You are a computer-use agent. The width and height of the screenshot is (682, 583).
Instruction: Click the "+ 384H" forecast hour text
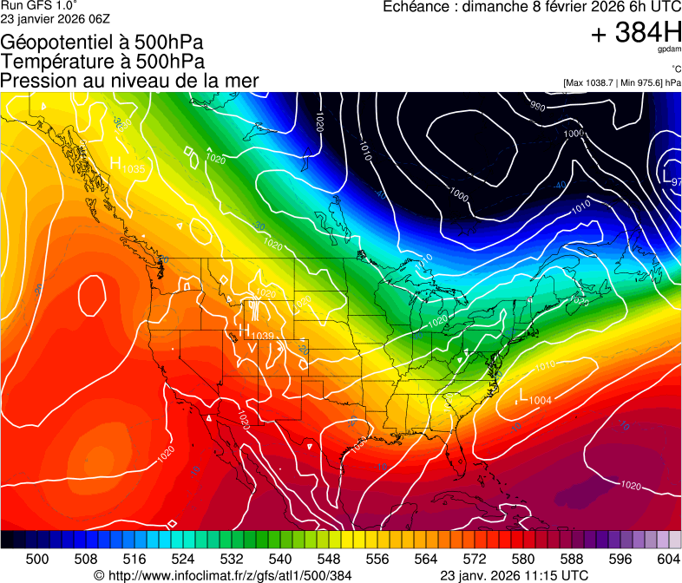[635, 34]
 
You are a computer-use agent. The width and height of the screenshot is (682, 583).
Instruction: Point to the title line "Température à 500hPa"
[102, 61]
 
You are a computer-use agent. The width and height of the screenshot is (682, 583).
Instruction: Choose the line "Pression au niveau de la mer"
[129, 81]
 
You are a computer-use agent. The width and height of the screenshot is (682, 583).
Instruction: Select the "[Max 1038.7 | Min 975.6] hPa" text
[621, 82]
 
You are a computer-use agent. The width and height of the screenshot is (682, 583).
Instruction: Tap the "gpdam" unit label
[670, 50]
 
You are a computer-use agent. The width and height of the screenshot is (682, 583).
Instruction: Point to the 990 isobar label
[538, 107]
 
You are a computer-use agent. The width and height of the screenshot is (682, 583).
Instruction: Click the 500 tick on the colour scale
[37, 559]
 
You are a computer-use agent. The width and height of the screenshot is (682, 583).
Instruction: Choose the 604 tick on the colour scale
[668, 559]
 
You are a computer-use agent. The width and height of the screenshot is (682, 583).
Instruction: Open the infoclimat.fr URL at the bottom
[223, 575]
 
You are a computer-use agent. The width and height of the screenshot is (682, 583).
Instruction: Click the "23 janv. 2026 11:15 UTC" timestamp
[515, 575]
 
